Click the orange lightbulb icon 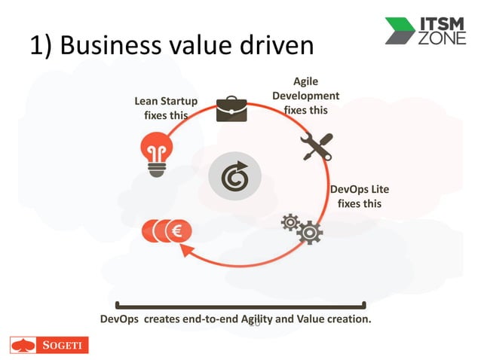(x=155, y=150)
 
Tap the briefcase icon (x=231, y=108)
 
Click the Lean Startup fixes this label (x=166, y=108)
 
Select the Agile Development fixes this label (x=305, y=96)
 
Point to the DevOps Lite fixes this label (x=359, y=196)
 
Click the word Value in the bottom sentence (x=316, y=319)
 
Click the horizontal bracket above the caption (x=240, y=306)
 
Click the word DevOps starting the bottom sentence (x=120, y=319)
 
